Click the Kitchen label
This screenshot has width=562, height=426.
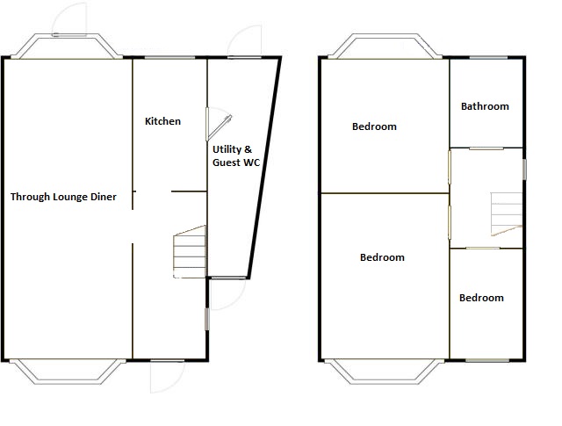(x=162, y=121)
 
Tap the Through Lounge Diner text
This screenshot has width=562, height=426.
(x=63, y=197)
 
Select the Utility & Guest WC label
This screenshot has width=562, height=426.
(x=236, y=156)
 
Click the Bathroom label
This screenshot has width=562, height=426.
(x=485, y=106)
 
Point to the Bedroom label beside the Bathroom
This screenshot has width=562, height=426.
(x=374, y=126)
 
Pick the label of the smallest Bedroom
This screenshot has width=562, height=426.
(x=481, y=298)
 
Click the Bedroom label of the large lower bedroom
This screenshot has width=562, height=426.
(x=382, y=257)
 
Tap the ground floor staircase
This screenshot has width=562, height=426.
(x=190, y=252)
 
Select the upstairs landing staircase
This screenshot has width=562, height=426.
(x=507, y=214)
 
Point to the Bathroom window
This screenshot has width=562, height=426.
(x=488, y=57)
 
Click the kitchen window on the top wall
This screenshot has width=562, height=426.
(x=169, y=57)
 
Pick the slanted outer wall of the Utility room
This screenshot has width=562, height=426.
(x=264, y=167)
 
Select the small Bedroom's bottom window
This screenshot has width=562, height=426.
(x=487, y=360)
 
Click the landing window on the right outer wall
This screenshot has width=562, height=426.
(x=524, y=170)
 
